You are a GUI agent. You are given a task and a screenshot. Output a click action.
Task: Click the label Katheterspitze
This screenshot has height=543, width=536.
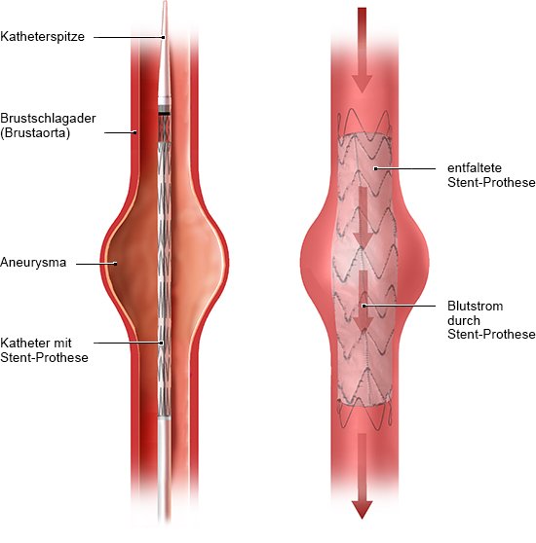(42, 37)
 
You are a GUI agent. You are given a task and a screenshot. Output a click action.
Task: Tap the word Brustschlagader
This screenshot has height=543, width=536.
(48, 119)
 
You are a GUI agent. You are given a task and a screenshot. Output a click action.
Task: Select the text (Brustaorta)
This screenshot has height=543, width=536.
(35, 133)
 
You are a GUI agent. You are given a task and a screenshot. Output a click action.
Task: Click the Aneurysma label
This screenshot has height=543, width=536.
(33, 262)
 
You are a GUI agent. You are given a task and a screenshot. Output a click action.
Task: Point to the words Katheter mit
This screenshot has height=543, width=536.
(36, 343)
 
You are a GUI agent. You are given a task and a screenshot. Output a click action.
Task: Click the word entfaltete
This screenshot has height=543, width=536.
(475, 168)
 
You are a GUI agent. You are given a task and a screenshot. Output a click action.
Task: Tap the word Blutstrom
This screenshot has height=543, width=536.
(475, 306)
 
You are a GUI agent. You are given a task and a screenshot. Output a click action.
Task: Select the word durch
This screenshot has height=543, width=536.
(464, 320)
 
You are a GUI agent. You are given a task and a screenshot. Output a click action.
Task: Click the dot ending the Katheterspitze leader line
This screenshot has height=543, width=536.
(164, 37)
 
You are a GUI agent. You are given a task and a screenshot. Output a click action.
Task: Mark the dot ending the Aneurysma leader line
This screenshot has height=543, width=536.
(115, 264)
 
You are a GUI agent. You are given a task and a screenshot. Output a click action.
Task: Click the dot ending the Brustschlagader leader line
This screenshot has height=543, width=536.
(135, 132)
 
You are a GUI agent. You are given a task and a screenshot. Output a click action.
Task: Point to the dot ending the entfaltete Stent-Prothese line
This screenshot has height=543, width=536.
(375, 168)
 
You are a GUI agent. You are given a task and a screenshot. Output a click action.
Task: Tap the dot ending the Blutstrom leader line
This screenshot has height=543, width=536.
(364, 306)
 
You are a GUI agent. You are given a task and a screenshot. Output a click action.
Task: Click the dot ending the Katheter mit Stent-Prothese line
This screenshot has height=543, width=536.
(162, 343)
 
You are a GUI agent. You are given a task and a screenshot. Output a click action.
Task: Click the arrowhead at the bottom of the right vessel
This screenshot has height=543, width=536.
(362, 509)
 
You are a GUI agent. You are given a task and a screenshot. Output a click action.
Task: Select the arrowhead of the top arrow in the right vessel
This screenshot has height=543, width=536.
(362, 84)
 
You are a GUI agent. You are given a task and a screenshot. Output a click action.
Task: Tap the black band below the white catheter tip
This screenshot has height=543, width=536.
(165, 113)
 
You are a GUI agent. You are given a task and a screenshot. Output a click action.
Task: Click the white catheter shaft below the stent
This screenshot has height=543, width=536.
(164, 467)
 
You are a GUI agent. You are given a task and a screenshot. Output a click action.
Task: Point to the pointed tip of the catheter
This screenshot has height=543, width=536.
(165, 2)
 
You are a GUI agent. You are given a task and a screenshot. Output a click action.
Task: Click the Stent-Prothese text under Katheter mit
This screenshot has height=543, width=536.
(45, 357)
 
